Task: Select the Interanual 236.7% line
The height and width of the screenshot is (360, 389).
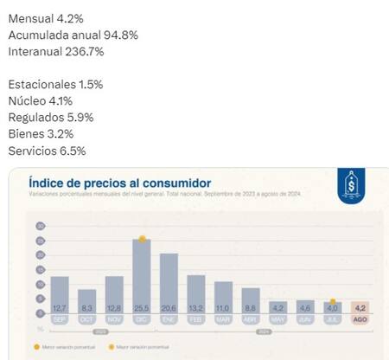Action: pos(57,52)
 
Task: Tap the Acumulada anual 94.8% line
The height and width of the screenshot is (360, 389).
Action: pos(73,34)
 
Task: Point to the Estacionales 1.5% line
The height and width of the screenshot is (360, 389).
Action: pos(55,84)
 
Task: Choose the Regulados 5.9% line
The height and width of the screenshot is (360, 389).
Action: pos(50,117)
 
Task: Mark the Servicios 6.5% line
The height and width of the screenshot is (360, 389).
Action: pos(47,151)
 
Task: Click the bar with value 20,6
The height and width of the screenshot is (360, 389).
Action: pos(169,281)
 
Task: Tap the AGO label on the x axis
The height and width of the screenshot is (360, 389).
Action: pos(360,318)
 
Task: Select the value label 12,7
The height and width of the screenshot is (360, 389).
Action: pos(60,307)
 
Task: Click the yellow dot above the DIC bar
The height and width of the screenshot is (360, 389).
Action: pos(142,239)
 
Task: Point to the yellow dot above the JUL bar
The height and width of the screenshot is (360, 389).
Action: pos(333,302)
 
